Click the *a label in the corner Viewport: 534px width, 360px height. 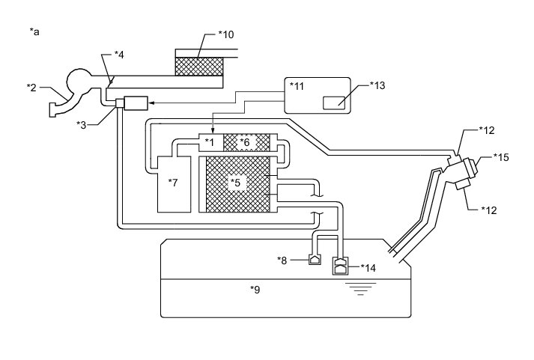pos(34,31)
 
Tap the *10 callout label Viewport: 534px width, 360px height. pos(226,34)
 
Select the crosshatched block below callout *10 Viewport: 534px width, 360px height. pos(198,65)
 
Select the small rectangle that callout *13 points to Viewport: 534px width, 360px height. pos(334,103)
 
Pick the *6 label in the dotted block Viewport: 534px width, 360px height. pos(245,141)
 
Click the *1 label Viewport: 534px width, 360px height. pos(210,141)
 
